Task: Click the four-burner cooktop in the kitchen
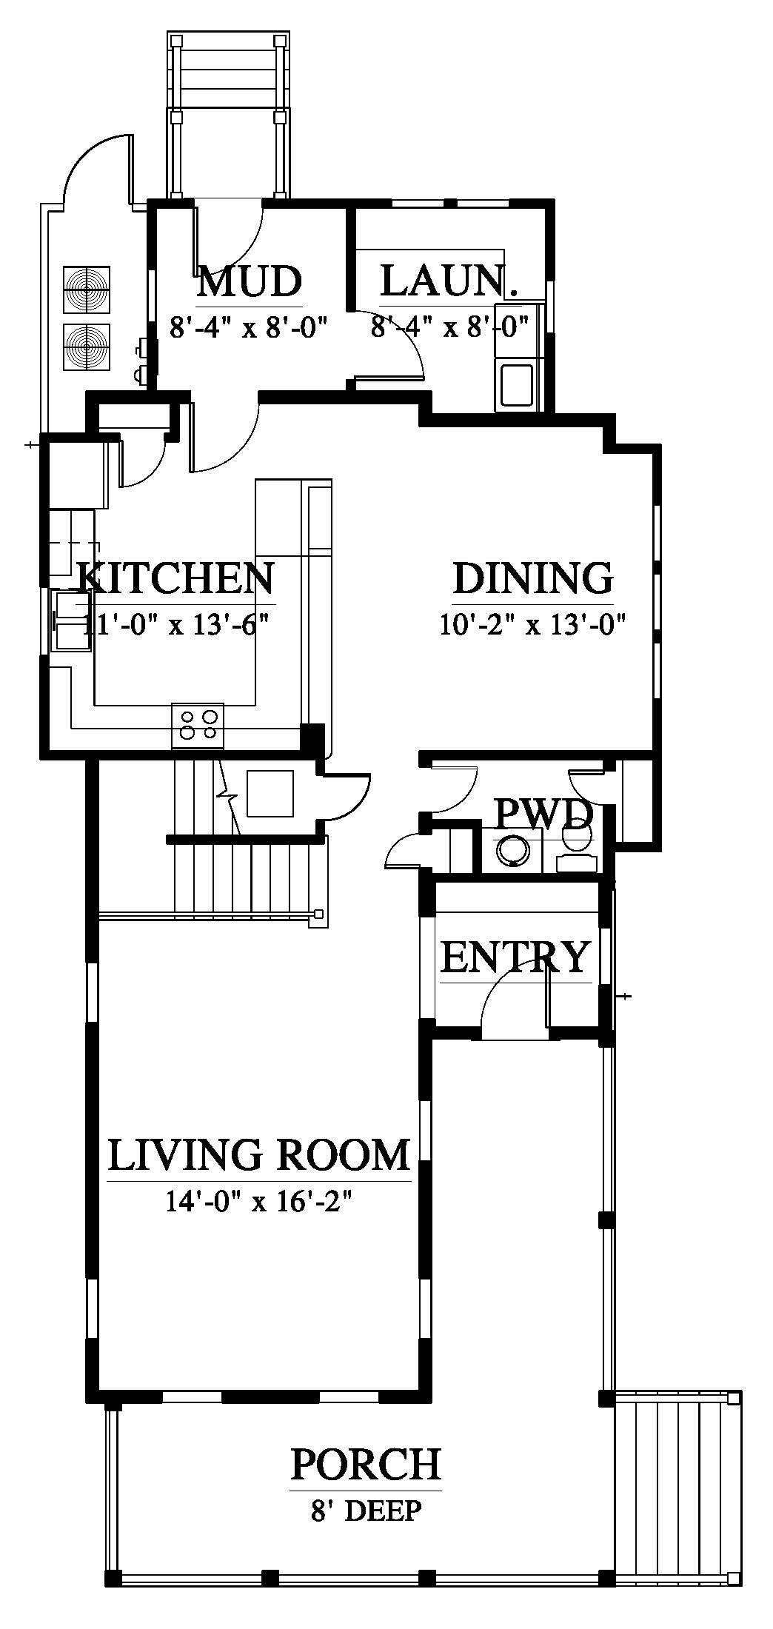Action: tap(197, 725)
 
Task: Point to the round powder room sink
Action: tap(512, 851)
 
